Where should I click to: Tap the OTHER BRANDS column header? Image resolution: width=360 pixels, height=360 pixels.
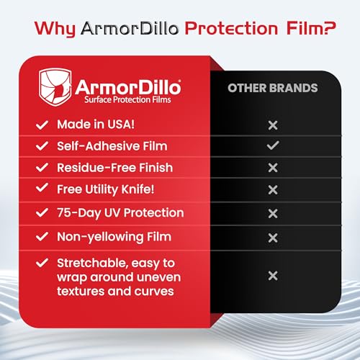click(273, 89)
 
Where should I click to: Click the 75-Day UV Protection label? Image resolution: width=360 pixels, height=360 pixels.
click(120, 213)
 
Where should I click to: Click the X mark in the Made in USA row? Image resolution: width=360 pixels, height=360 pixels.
click(272, 125)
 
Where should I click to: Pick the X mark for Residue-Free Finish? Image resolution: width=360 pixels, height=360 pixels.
click(272, 168)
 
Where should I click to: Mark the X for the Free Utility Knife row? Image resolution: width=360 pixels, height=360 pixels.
click(272, 190)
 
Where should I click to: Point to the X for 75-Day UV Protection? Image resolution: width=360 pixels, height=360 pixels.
click(272, 213)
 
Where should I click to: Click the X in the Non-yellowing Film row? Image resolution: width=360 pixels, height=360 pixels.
click(272, 237)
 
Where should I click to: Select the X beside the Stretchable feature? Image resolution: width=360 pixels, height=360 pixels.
click(272, 275)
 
